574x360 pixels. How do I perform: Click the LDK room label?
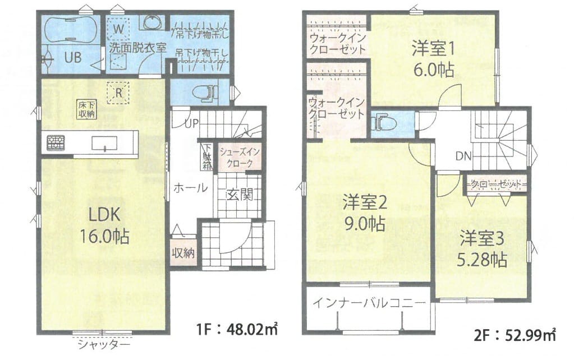click(104, 215)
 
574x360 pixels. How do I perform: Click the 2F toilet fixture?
click(377, 123)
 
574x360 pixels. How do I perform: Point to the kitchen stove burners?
click(56, 142)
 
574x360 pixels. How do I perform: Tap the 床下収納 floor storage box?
click(86, 109)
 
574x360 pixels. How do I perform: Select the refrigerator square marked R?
click(118, 93)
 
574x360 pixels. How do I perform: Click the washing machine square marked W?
click(118, 28)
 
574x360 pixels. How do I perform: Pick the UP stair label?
click(192, 123)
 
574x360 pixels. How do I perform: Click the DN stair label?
click(463, 156)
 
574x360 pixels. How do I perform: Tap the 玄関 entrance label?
click(239, 195)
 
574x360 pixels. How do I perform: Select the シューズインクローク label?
click(240, 158)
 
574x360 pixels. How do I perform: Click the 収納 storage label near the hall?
click(183, 253)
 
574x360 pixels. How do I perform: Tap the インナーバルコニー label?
click(370, 303)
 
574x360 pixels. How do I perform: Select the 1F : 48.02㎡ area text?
click(237, 330)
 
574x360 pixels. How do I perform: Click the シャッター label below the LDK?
click(104, 344)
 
